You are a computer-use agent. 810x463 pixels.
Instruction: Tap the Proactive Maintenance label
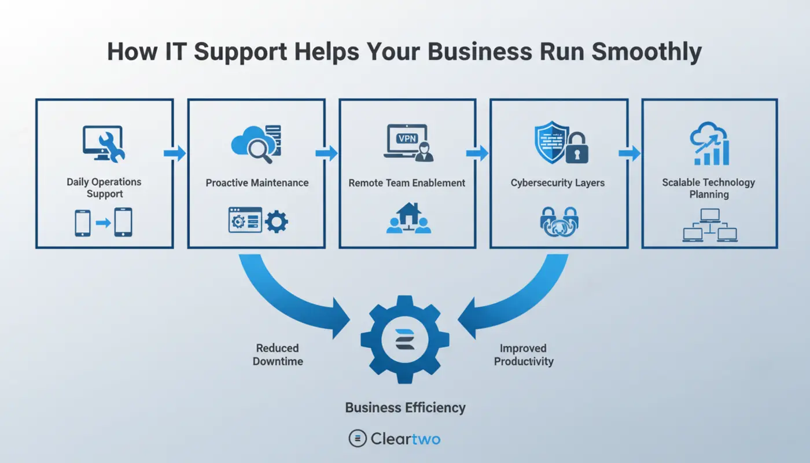point(257,183)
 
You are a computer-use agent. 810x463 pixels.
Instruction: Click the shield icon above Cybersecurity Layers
point(550,142)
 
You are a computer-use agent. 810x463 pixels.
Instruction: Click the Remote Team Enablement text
point(407,183)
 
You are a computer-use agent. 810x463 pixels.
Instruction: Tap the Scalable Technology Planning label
point(709,188)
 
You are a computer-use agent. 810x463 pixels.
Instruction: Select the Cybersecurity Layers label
point(557,183)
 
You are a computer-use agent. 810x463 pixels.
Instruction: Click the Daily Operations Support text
point(104,188)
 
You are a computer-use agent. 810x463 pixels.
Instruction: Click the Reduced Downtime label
point(278,354)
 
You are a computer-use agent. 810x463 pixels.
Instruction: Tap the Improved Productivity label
point(524,355)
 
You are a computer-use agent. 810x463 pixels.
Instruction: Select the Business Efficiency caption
point(405,407)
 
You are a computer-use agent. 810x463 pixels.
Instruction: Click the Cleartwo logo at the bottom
point(395,439)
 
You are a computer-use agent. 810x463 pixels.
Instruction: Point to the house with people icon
point(408,218)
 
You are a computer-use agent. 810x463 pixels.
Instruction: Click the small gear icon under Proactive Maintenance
point(276,221)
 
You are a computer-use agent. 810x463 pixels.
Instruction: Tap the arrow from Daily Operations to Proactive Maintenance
point(175,153)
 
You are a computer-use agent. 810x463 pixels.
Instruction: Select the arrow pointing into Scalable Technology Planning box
point(629,153)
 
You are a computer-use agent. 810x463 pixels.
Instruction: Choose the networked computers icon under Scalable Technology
point(709,225)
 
